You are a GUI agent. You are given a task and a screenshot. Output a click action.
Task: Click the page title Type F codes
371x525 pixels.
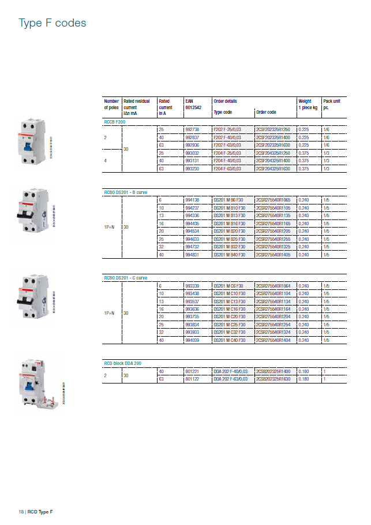coord(53,24)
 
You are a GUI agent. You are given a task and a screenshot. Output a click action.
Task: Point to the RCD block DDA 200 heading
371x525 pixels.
coord(122,363)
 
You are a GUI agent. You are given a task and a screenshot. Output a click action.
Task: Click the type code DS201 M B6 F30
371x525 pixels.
coord(229,199)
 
